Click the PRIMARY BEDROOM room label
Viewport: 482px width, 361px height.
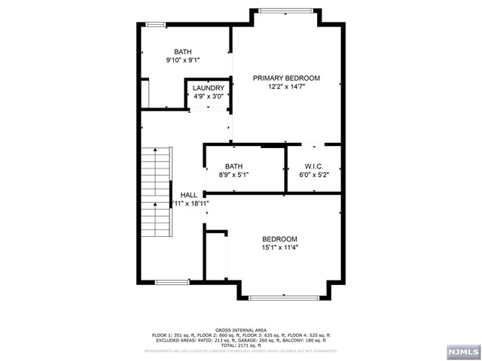[286, 78]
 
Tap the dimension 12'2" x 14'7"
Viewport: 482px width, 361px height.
[286, 87]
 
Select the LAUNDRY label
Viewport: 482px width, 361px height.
[208, 88]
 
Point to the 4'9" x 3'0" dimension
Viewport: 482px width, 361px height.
[208, 96]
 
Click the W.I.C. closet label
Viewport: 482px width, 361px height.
[314, 166]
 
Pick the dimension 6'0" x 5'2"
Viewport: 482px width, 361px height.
[314, 174]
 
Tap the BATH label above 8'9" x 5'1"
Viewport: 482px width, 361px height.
[234, 166]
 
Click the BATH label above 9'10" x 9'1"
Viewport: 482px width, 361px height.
[183, 52]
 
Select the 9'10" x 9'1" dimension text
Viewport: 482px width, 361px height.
[183, 60]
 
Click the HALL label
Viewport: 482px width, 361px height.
[189, 195]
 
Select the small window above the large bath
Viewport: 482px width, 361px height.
[156, 25]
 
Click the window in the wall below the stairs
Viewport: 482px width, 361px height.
[171, 282]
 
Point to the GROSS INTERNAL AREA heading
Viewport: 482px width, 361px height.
[241, 329]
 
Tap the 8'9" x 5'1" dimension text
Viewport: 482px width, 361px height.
[234, 174]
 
